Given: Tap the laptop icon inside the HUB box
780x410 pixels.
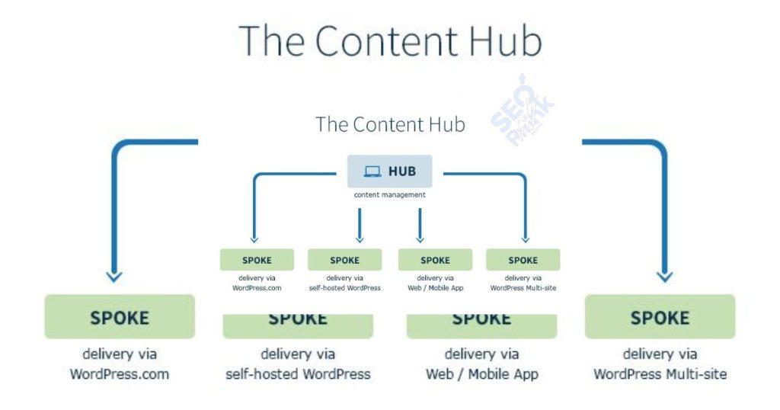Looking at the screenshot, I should click(372, 171).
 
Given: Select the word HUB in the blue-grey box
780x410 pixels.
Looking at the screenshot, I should click(402, 171).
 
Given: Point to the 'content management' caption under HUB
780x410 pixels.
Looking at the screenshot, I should click(389, 195).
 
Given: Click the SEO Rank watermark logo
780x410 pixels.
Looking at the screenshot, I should click(522, 112).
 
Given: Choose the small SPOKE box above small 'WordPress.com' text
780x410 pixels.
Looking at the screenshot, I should click(257, 260).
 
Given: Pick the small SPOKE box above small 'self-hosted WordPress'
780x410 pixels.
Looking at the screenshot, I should click(344, 260).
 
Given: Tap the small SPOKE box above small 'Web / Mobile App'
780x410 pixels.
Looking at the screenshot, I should click(435, 260).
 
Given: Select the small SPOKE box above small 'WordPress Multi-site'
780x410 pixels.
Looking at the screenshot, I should click(523, 260).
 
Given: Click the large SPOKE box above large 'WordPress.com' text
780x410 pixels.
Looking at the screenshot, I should click(120, 317).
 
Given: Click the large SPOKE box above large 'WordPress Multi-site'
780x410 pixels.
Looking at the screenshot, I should click(660, 317).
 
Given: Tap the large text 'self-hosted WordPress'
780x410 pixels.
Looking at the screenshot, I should click(298, 374).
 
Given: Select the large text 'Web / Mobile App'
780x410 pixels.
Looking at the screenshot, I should click(481, 374).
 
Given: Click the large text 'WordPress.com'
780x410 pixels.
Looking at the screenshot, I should click(120, 374).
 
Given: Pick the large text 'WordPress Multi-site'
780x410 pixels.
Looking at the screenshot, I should click(660, 374).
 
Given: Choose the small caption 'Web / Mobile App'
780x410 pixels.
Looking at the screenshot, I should click(435, 288).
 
